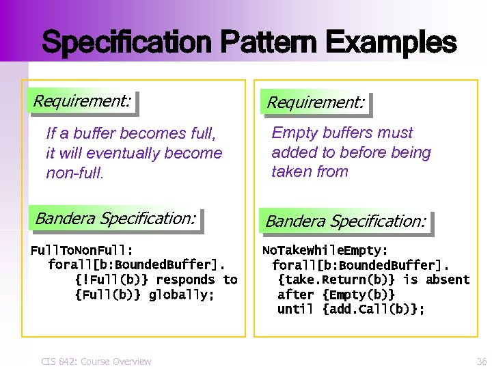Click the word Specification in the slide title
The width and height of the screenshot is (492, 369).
point(127,42)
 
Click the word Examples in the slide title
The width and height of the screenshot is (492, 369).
point(391,42)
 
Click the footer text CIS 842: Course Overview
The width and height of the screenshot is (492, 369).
point(96,361)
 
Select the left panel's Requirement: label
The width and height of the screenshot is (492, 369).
point(82,101)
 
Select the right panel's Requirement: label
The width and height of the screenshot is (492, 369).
point(315,103)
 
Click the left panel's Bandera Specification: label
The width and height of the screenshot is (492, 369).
point(115,219)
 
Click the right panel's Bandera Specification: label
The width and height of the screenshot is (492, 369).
point(346,221)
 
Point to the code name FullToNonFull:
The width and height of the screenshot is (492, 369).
point(82,250)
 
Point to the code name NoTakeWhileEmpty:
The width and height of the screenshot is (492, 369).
point(325,250)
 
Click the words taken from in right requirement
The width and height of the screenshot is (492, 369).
point(310,172)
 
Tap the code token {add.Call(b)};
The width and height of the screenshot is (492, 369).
point(373,310)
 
